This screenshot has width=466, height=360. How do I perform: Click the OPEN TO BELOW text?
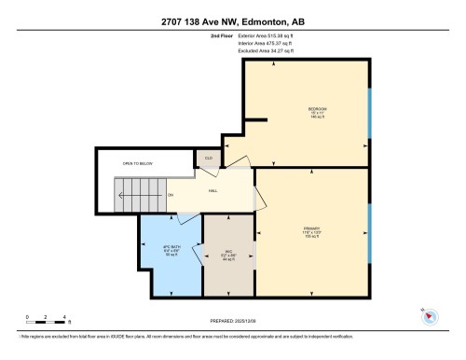click(x=136, y=164)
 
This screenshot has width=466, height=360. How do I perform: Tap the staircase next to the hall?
click(x=135, y=195)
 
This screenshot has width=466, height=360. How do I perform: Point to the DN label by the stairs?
click(x=171, y=195)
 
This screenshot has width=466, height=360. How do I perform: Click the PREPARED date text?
click(x=232, y=319)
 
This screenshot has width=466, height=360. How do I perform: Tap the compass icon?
click(x=429, y=315)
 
